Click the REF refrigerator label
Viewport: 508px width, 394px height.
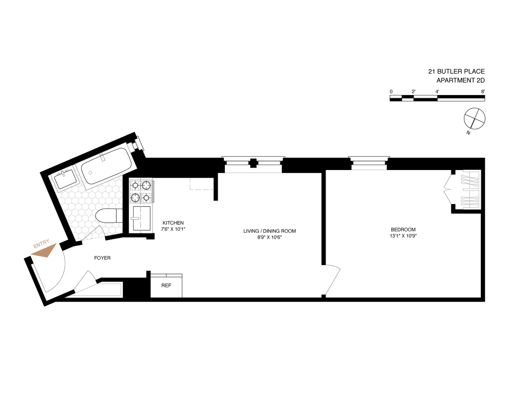166,285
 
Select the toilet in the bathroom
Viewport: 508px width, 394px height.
109,215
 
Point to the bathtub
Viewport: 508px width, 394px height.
106,166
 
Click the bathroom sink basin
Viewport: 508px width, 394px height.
66,179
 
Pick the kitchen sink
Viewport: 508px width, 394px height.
141,218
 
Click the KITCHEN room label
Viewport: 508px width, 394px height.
173,223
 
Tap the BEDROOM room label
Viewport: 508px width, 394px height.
403,229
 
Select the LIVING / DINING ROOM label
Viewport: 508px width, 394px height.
270,231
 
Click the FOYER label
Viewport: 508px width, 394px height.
102,258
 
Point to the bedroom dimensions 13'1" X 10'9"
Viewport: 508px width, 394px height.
403,236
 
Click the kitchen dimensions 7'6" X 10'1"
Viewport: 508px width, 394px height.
173,229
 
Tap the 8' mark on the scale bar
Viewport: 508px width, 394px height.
483,91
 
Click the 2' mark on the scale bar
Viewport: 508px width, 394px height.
414,91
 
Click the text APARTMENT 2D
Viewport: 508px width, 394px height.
461,80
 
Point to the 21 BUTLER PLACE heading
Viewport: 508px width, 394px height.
456,71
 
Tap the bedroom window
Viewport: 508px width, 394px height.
369,163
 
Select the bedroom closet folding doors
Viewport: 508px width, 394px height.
448,190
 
